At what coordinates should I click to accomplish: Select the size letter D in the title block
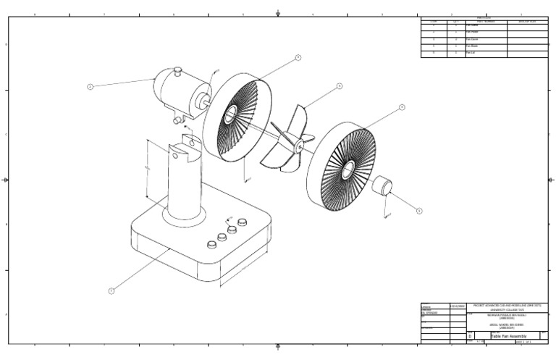(471, 337)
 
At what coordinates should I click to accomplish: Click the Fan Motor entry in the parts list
(471, 32)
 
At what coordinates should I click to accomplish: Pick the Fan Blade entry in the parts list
(471, 46)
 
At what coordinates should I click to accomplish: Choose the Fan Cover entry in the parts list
(471, 39)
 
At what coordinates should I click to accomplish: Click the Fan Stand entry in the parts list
(471, 25)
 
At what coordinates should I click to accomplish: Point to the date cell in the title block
(458, 307)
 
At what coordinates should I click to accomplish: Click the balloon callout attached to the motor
(90, 87)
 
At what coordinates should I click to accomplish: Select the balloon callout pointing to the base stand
(111, 290)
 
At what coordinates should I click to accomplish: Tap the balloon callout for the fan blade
(340, 86)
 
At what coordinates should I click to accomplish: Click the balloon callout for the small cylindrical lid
(419, 211)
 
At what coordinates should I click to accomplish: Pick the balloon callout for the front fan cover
(402, 107)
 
